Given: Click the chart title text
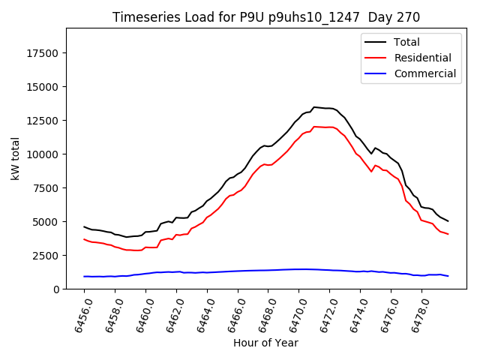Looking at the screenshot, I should (265, 16).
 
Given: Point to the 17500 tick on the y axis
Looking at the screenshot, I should (43, 53).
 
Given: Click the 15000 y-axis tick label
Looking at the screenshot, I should (43, 87).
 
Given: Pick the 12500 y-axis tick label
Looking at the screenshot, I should (43, 121).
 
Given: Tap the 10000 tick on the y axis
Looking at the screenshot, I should (43, 154).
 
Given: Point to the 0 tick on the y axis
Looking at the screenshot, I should (57, 289).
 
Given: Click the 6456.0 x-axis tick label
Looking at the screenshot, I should (79, 313).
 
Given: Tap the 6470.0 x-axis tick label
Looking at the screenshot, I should (293, 313).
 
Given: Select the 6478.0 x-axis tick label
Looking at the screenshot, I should (415, 313).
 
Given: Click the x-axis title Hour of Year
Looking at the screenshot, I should (265, 343).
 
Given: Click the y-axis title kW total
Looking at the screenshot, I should (15, 158).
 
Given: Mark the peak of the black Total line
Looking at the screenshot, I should (314, 107).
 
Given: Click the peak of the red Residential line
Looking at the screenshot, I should (314, 127).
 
